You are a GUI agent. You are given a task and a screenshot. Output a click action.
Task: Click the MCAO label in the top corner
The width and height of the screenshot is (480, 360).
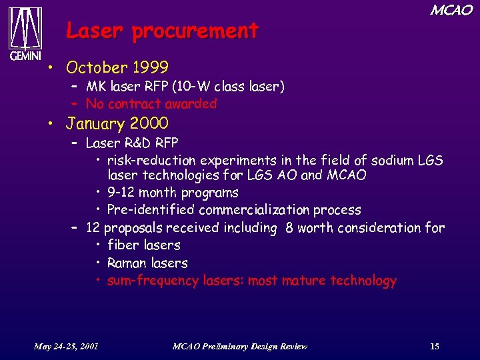[451, 10]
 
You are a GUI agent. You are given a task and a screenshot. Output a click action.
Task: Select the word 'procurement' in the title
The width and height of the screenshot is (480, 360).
[195, 31]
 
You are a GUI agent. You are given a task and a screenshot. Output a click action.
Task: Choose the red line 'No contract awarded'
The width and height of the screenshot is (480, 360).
[151, 104]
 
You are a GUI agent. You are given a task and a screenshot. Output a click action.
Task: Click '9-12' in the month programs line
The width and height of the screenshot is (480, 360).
[122, 193]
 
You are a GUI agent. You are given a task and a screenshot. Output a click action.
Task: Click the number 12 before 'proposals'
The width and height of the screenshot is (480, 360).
[93, 228]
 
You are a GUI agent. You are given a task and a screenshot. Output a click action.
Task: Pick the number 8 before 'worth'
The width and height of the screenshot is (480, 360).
[289, 228]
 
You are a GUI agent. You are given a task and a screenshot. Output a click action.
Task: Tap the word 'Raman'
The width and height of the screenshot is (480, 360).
[127, 263]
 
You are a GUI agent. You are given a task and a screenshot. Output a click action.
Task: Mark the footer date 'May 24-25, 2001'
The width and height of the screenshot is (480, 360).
[67, 346]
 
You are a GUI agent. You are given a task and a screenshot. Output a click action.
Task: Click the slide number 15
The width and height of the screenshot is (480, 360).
[435, 346]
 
